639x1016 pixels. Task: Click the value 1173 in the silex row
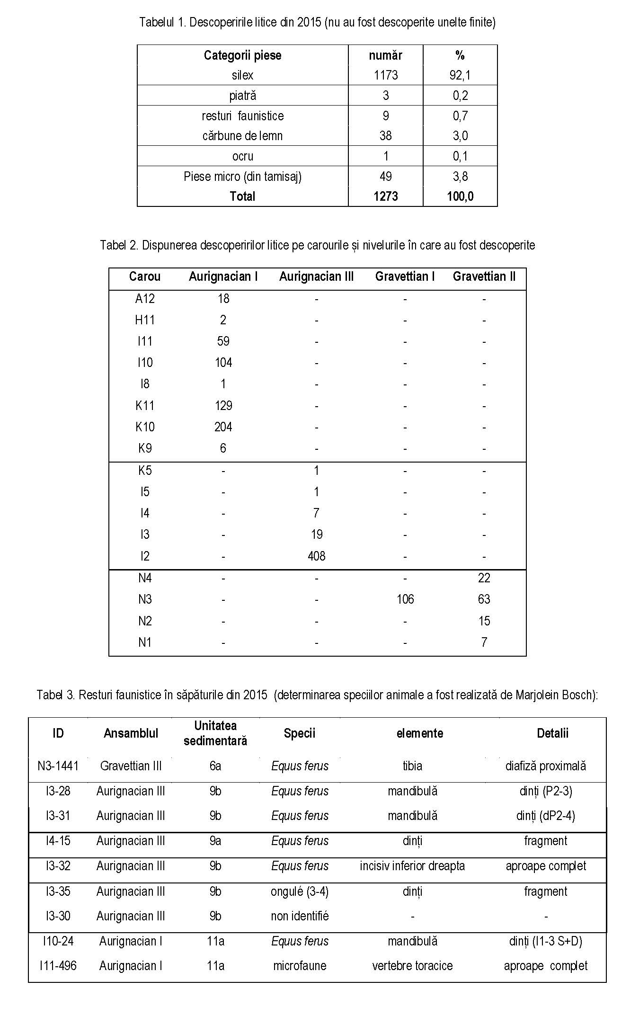click(385, 75)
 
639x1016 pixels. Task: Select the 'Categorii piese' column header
click(242, 55)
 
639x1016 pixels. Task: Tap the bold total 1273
click(385, 196)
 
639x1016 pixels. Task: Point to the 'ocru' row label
click(242, 156)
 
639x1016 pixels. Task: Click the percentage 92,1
click(460, 75)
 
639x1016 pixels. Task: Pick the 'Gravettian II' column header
click(484, 276)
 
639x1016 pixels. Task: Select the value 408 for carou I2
click(316, 556)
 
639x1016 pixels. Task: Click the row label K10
click(145, 427)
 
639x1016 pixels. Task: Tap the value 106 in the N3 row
click(405, 599)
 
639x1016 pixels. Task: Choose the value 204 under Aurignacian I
click(223, 427)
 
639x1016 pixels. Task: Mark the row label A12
click(145, 299)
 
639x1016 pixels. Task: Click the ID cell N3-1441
click(58, 766)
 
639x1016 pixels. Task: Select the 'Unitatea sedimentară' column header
click(215, 733)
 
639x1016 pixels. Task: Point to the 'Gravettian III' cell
click(131, 766)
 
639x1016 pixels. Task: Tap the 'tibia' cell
click(412, 766)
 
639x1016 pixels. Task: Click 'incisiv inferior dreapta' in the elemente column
click(412, 866)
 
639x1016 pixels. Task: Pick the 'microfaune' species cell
click(300, 966)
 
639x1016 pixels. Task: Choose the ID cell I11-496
click(58, 966)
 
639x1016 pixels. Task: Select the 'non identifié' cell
click(300, 916)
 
